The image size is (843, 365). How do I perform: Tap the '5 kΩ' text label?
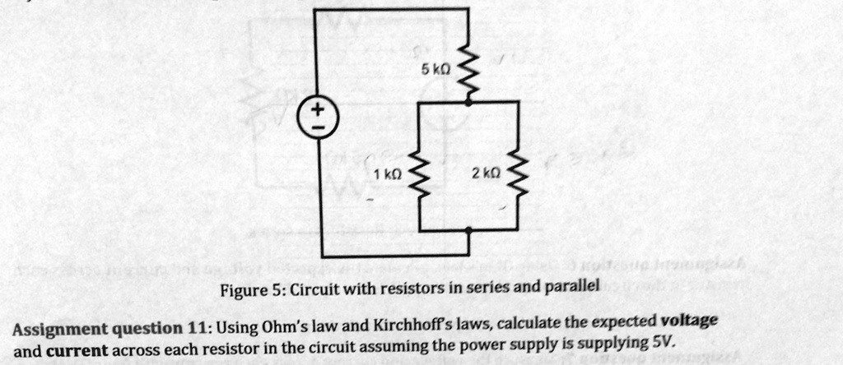[x=434, y=72]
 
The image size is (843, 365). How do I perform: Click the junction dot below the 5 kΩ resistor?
[x=469, y=101]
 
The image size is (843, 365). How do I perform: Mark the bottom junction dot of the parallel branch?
[x=469, y=231]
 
